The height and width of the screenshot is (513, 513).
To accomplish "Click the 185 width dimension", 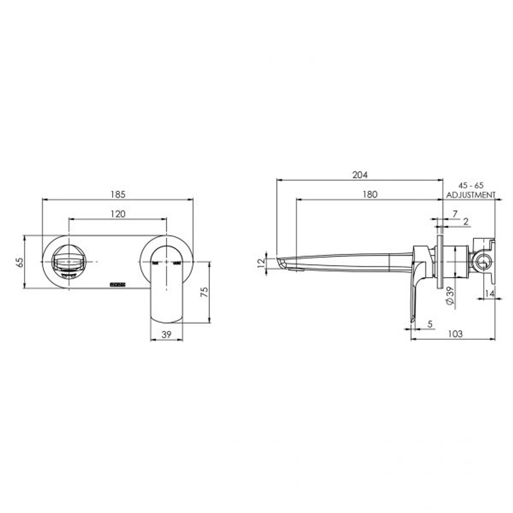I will [118, 194].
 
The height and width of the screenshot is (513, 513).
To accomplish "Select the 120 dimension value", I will [118, 214].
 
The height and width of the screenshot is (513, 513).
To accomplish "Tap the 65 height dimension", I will [19, 262].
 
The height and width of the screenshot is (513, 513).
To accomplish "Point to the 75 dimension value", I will [205, 292].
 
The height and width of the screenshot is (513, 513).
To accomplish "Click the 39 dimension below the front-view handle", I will [166, 334].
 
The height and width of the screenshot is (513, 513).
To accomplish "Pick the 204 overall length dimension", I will [360, 174].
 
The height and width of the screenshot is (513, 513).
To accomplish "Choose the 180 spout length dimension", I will [370, 194].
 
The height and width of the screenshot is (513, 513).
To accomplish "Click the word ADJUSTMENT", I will [471, 195].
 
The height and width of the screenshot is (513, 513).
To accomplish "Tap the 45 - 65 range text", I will [471, 185].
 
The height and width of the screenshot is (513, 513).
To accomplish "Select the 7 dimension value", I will [455, 214].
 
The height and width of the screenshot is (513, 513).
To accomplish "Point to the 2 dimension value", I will [465, 221].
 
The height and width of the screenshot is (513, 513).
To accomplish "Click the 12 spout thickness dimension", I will [260, 263].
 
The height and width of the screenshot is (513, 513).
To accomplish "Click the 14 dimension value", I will [489, 294].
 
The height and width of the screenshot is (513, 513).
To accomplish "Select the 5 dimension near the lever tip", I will [429, 324].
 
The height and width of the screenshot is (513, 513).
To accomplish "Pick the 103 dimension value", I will [455, 334].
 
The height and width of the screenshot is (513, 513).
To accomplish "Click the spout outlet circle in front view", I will [69, 262].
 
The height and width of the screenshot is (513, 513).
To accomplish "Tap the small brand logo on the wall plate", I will [117, 284].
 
